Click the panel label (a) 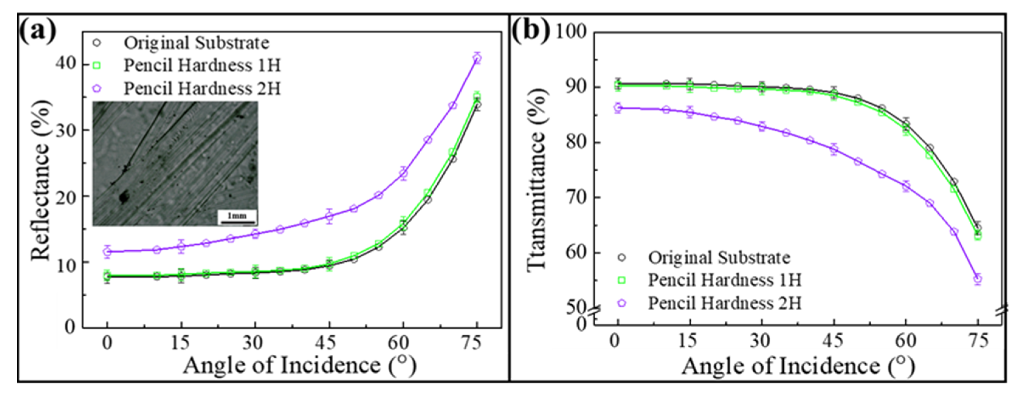coord(38,32)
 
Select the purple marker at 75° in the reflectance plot coord(477,58)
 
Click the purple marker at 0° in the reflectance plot coord(107,251)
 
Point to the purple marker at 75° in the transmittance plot coord(978,279)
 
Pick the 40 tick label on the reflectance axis coord(66,63)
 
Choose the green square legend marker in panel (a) coord(96,66)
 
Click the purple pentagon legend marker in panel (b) coord(622,303)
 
